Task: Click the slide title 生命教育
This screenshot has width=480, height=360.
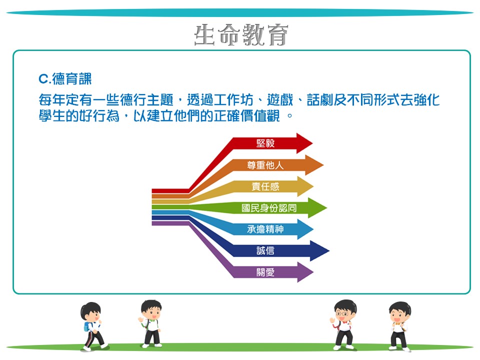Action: coord(241,34)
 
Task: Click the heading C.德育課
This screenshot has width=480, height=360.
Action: coord(65,79)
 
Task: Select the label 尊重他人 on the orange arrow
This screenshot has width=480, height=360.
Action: coord(265,165)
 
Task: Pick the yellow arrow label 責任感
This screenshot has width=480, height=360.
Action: coord(265,186)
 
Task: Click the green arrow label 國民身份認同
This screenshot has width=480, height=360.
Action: coord(269,208)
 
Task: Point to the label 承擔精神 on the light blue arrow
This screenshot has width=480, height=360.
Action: coord(265,229)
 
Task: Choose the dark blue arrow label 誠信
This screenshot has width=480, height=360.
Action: coord(265,250)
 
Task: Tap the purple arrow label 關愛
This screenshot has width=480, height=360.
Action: coord(265,272)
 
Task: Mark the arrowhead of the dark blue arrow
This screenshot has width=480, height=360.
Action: coord(319,250)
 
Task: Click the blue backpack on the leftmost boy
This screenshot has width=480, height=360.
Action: coord(87,326)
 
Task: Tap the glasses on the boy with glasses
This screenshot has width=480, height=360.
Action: coord(342,314)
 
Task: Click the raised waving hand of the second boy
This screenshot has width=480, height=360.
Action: coord(141,320)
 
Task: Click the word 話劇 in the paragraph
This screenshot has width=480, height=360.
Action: coord(320,100)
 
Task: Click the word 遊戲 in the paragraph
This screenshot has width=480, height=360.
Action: coord(280,100)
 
